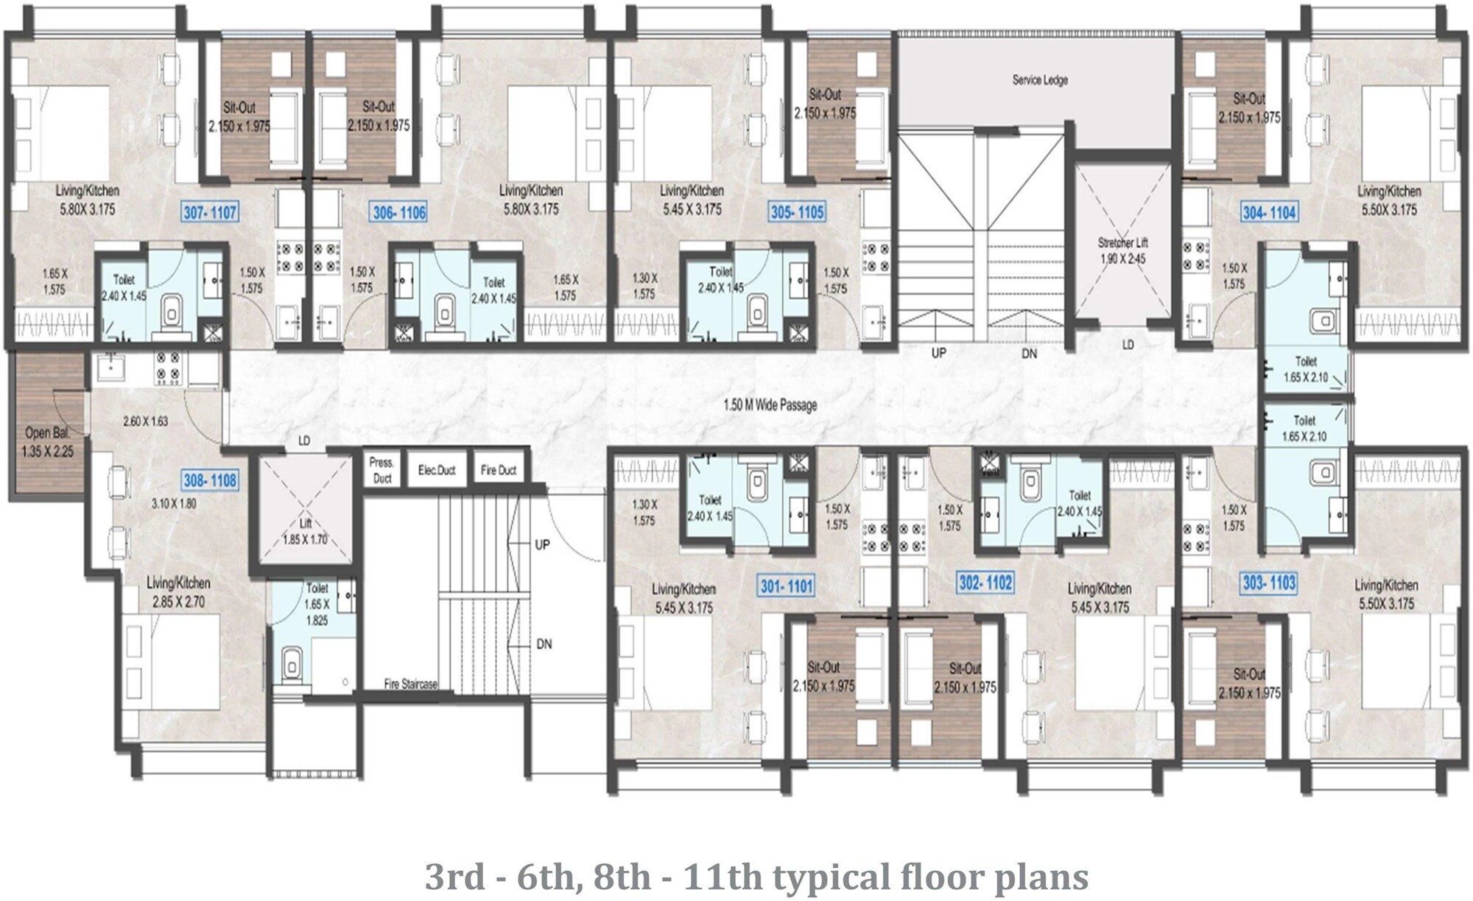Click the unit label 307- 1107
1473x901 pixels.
coord(210,213)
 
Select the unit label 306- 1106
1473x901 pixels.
coord(399,213)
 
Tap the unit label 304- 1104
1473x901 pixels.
coord(1269,213)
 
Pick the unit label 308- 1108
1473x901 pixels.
coord(210,480)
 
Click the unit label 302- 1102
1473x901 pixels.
coord(985,583)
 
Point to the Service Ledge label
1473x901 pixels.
coord(1039,80)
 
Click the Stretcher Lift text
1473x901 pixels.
coord(1122,242)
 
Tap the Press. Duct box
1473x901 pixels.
coord(382,470)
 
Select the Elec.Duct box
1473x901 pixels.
coord(437,470)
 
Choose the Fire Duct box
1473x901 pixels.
coord(499,470)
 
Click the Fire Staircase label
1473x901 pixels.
coord(410,684)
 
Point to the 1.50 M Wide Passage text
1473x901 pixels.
coord(770,404)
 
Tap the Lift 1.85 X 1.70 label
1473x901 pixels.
coord(305,531)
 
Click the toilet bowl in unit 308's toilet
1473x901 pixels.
coord(292,665)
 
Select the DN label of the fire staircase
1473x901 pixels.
coord(544,644)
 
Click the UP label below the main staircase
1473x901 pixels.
coord(938,353)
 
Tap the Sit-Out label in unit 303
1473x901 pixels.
coord(1249,674)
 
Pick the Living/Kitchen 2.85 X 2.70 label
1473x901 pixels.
coord(178,592)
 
